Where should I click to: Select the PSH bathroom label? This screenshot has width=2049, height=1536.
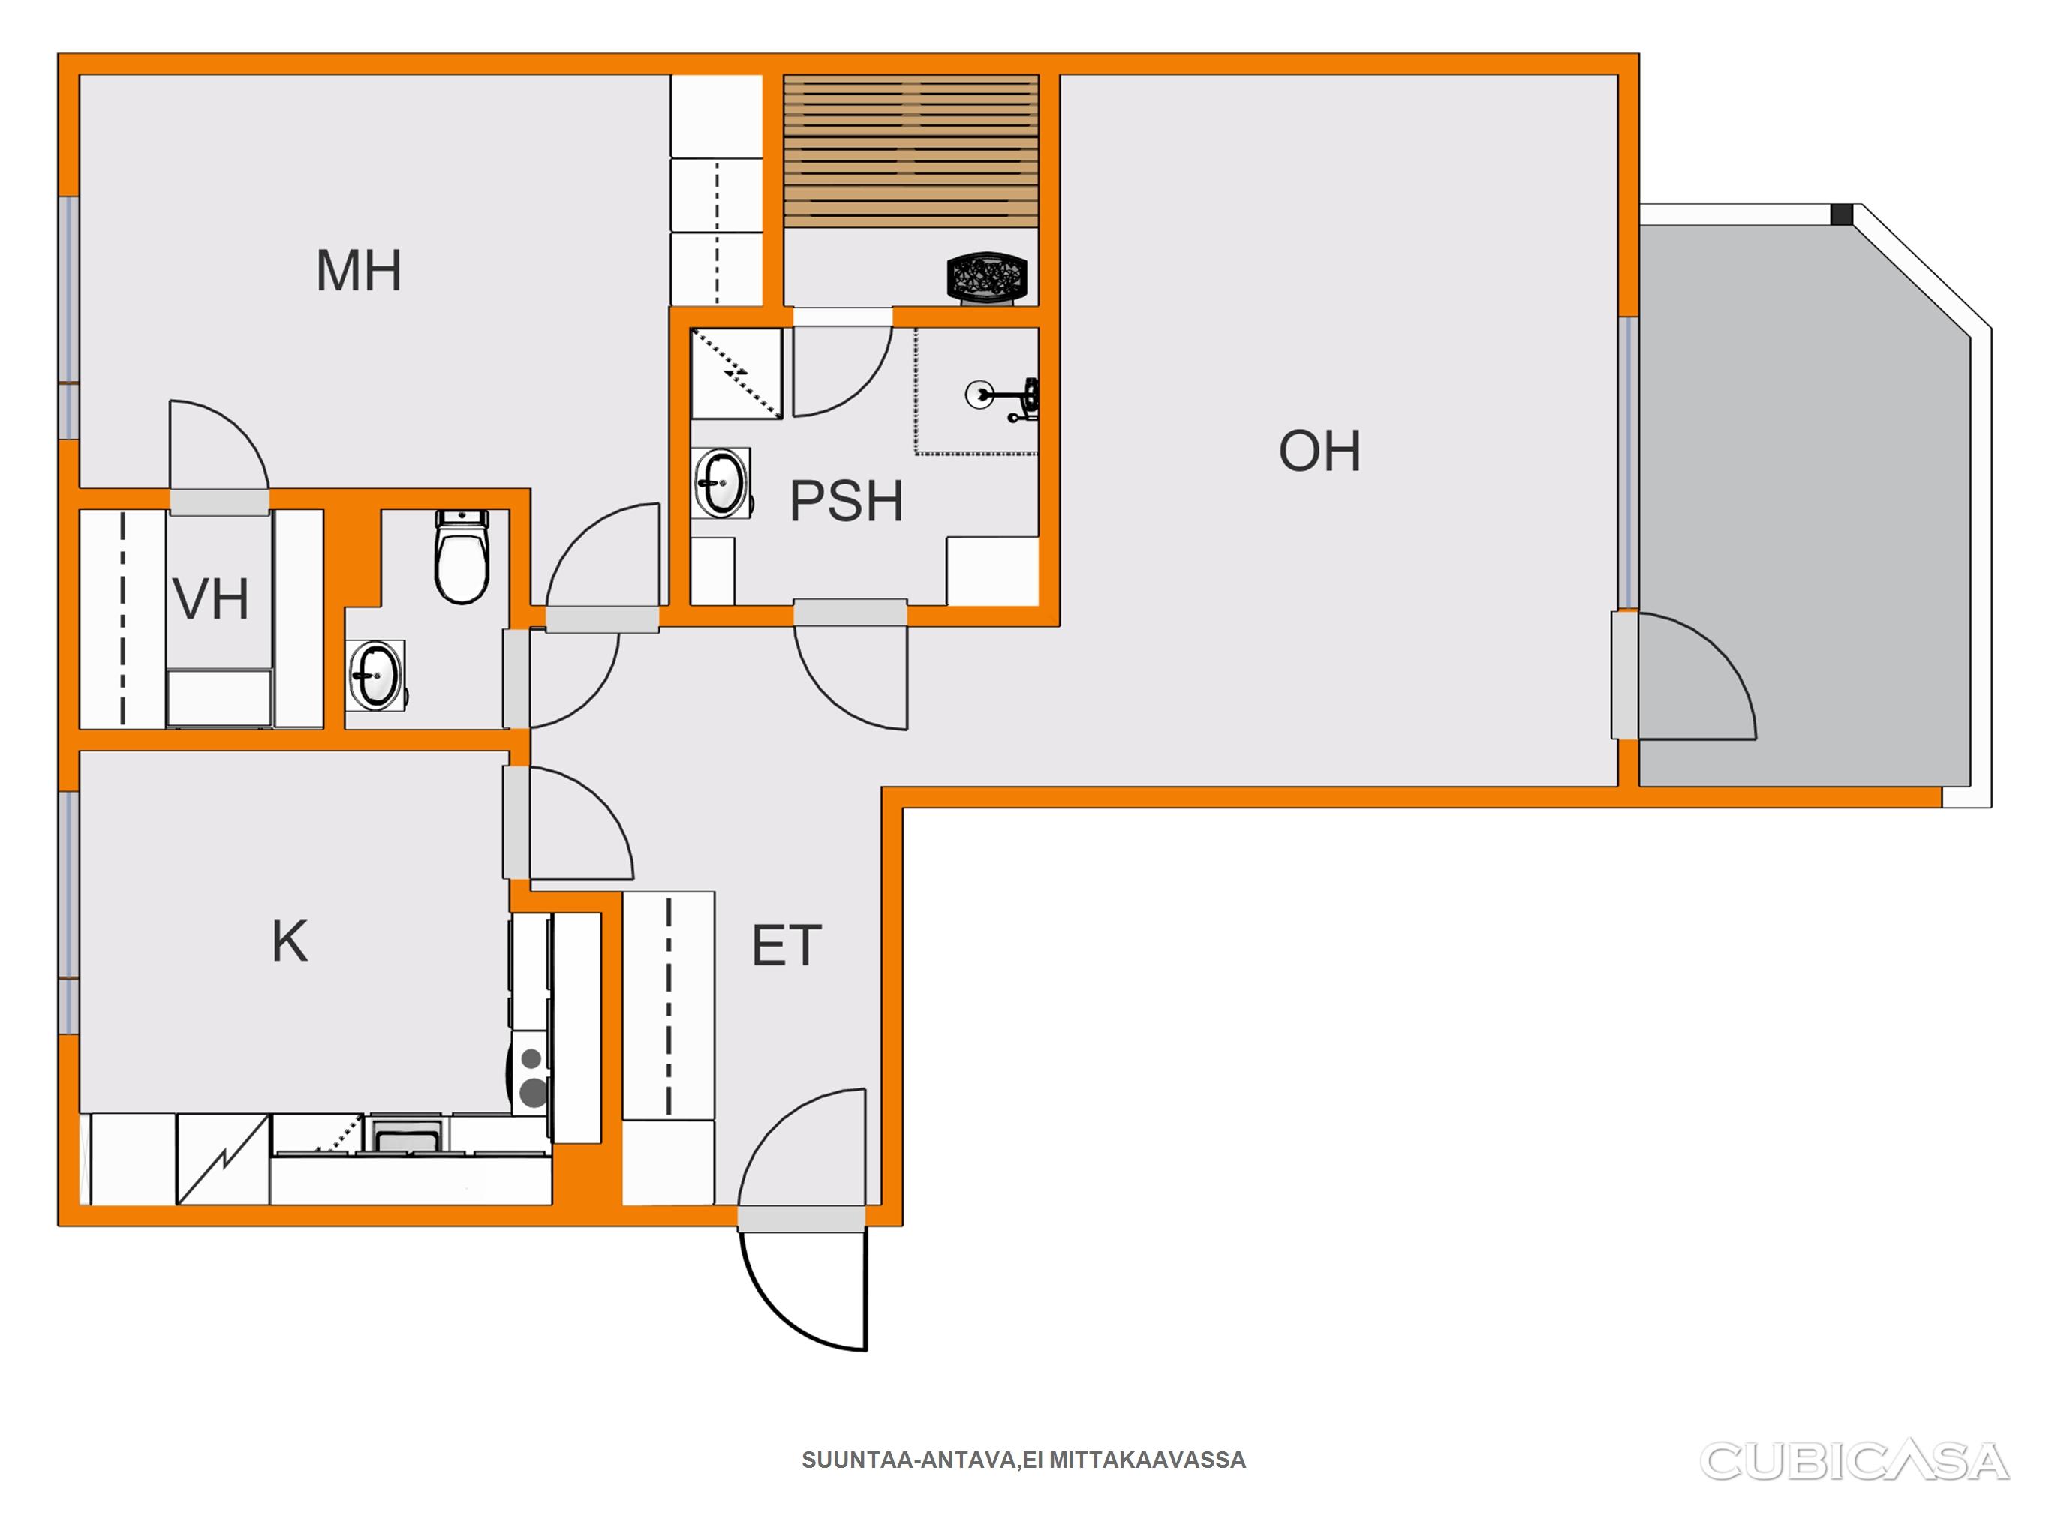[846, 501]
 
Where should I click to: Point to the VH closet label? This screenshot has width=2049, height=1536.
[211, 599]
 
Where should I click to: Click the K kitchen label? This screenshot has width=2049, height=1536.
[289, 940]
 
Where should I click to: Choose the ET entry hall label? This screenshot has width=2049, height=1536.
[787, 945]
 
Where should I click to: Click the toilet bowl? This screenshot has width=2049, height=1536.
[462, 556]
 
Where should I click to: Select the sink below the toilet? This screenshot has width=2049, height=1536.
[375, 675]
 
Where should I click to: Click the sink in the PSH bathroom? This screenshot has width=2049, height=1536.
[721, 483]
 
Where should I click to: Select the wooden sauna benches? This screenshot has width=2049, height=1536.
[911, 151]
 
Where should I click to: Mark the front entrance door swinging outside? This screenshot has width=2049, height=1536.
[803, 1290]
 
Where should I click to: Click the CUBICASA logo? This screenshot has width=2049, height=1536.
[1855, 1462]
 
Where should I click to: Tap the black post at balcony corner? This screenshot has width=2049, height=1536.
[1842, 214]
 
